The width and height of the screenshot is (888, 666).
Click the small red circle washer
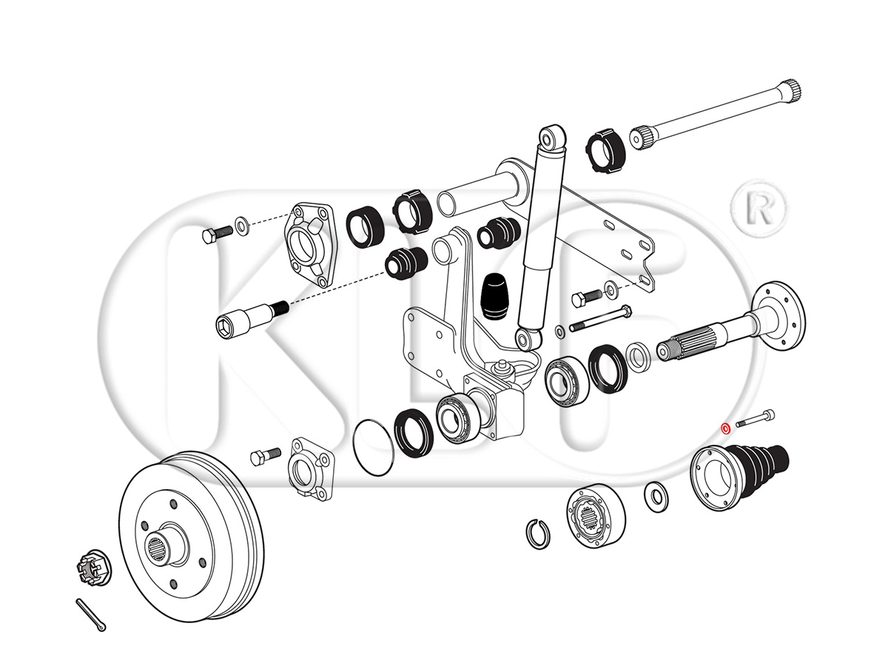(x=727, y=427)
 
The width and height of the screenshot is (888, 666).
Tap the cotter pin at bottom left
(x=90, y=615)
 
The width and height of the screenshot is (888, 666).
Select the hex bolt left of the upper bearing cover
(x=216, y=233)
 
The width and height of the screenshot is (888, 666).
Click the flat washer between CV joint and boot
(x=655, y=497)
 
